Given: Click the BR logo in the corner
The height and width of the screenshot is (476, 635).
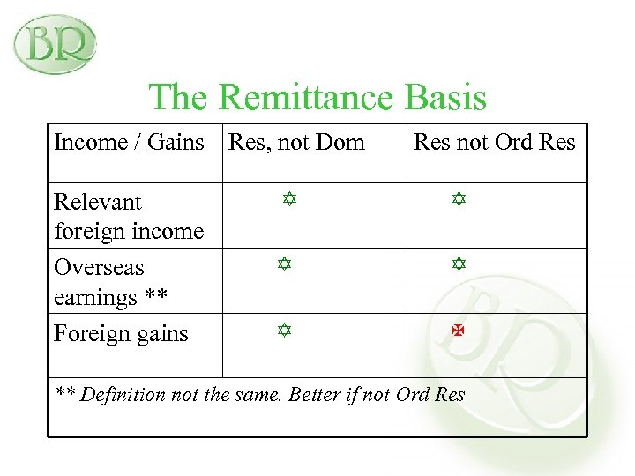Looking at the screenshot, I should pos(55,43).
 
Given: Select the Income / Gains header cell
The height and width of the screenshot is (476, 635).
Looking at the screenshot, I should pos(129,142).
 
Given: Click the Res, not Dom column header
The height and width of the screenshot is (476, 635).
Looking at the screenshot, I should pos(296,142).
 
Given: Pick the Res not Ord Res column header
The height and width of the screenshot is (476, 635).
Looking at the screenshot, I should pos(494,142).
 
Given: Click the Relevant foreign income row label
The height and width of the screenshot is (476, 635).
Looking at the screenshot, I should pos(129,216).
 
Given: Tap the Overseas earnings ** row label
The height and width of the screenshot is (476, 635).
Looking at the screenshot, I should pos(111,282).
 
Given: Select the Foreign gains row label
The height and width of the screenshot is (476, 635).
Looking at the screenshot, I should pos(121,333).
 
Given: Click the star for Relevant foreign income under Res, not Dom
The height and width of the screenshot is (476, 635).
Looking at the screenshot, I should pos(288,200).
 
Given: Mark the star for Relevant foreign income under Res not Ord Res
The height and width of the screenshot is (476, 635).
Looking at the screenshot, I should pos(459,200).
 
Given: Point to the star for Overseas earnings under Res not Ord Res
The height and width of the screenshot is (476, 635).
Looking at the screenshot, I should pos(459,264).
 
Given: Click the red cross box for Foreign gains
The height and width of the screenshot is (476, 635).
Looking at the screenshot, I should pos(459,331).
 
